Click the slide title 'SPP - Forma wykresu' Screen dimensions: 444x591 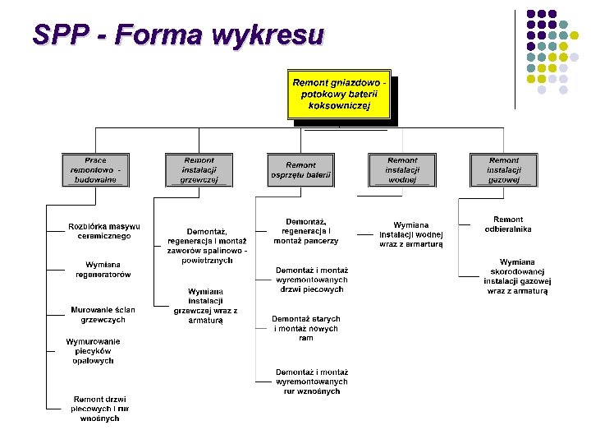(x=178, y=35)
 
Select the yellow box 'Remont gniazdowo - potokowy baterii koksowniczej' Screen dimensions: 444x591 (x=339, y=94)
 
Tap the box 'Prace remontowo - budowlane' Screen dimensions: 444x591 (x=94, y=169)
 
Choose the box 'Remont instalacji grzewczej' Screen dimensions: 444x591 (x=199, y=169)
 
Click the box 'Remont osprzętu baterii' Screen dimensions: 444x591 (x=300, y=169)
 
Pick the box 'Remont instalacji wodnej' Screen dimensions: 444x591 (x=401, y=169)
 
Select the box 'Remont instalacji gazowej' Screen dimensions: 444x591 (x=503, y=169)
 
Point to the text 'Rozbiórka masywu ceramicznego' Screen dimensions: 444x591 (x=104, y=231)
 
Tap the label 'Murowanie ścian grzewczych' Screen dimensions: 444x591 (x=103, y=314)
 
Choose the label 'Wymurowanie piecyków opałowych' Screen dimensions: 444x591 (x=93, y=351)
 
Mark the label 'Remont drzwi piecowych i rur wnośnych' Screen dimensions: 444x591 (x=99, y=409)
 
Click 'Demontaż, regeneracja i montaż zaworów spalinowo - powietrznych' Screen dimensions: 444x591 (x=207, y=246)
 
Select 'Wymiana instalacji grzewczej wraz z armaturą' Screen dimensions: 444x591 (x=205, y=306)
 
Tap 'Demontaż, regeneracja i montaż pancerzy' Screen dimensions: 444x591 (x=306, y=231)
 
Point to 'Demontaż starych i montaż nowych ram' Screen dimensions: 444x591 (x=305, y=328)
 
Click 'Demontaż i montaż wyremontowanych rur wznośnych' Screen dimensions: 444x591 (x=311, y=382)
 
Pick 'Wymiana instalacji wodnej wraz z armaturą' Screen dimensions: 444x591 (x=410, y=234)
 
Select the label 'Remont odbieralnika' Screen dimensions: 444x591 (x=508, y=224)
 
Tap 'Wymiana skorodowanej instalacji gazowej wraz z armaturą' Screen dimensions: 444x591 (x=517, y=277)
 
